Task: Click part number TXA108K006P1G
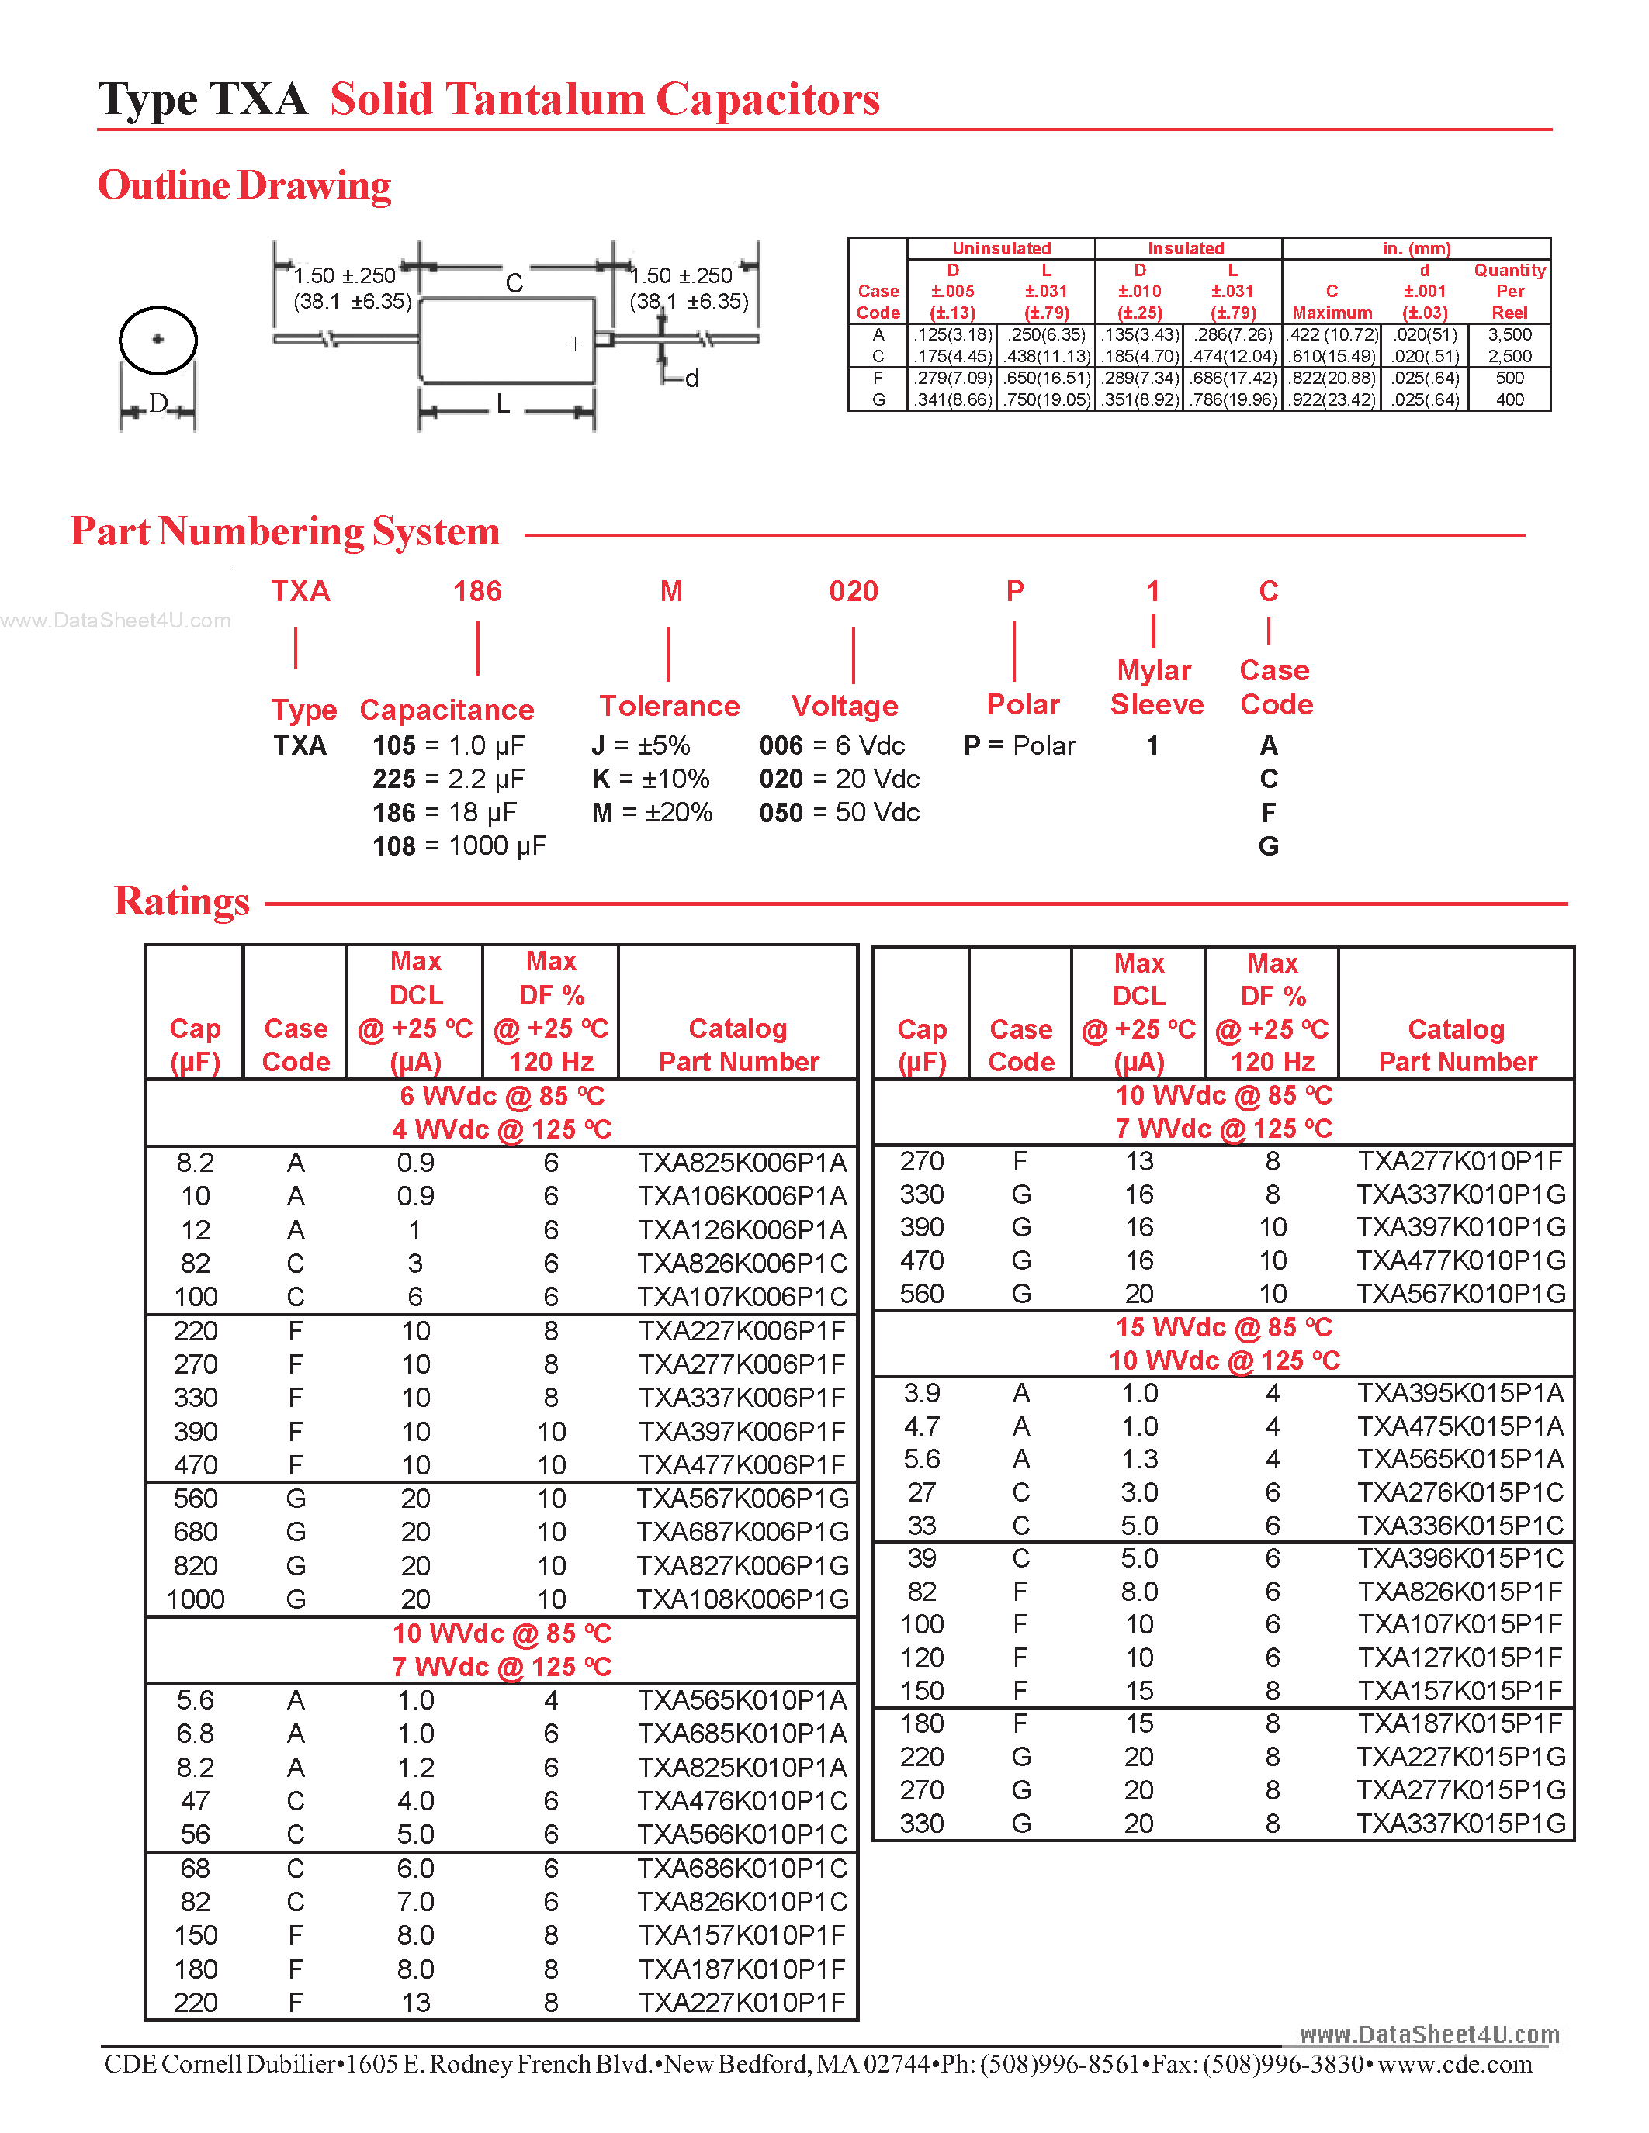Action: tap(743, 1599)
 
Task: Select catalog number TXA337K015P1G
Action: tap(1460, 1824)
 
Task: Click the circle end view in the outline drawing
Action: tap(158, 340)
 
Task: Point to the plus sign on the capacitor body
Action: tap(575, 344)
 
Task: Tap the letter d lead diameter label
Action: tap(691, 379)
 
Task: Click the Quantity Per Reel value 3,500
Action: tap(1509, 335)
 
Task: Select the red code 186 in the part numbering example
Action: tap(476, 591)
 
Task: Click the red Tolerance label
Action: tap(669, 706)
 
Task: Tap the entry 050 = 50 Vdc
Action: tap(839, 813)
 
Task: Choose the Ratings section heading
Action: tap(182, 901)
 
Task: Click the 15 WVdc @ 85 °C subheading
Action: tap(1224, 1327)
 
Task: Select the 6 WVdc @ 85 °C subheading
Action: tap(501, 1096)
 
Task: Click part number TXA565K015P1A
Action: tap(1460, 1459)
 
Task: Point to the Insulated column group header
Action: tap(1185, 248)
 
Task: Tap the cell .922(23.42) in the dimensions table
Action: tap(1332, 399)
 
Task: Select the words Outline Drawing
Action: tap(244, 185)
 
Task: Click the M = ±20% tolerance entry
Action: tap(652, 813)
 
